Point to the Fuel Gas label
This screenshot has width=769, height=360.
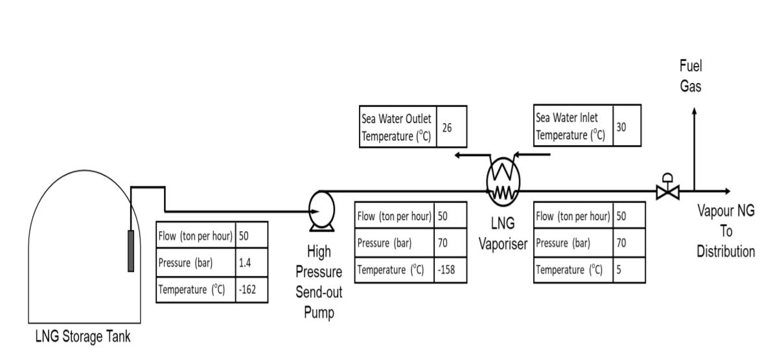[x=690, y=76]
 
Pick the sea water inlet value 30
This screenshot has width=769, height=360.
[x=621, y=127]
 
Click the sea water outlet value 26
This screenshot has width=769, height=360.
[x=446, y=128]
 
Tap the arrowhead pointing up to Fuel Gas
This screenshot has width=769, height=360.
[x=694, y=111]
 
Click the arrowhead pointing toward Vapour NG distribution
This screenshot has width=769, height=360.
[x=727, y=191]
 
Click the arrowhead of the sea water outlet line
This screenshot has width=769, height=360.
[x=458, y=155]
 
